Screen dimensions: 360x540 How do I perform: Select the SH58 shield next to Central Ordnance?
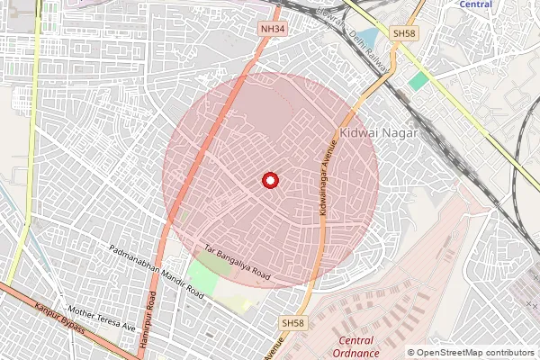(x=293, y=322)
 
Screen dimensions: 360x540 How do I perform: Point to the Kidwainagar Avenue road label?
(x=328, y=175)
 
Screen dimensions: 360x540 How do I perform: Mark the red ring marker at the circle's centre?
(x=269, y=181)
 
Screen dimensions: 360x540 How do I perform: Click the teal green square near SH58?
(x=418, y=80)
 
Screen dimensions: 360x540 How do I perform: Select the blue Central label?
(x=475, y=4)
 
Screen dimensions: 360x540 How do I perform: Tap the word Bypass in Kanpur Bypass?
(x=71, y=325)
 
